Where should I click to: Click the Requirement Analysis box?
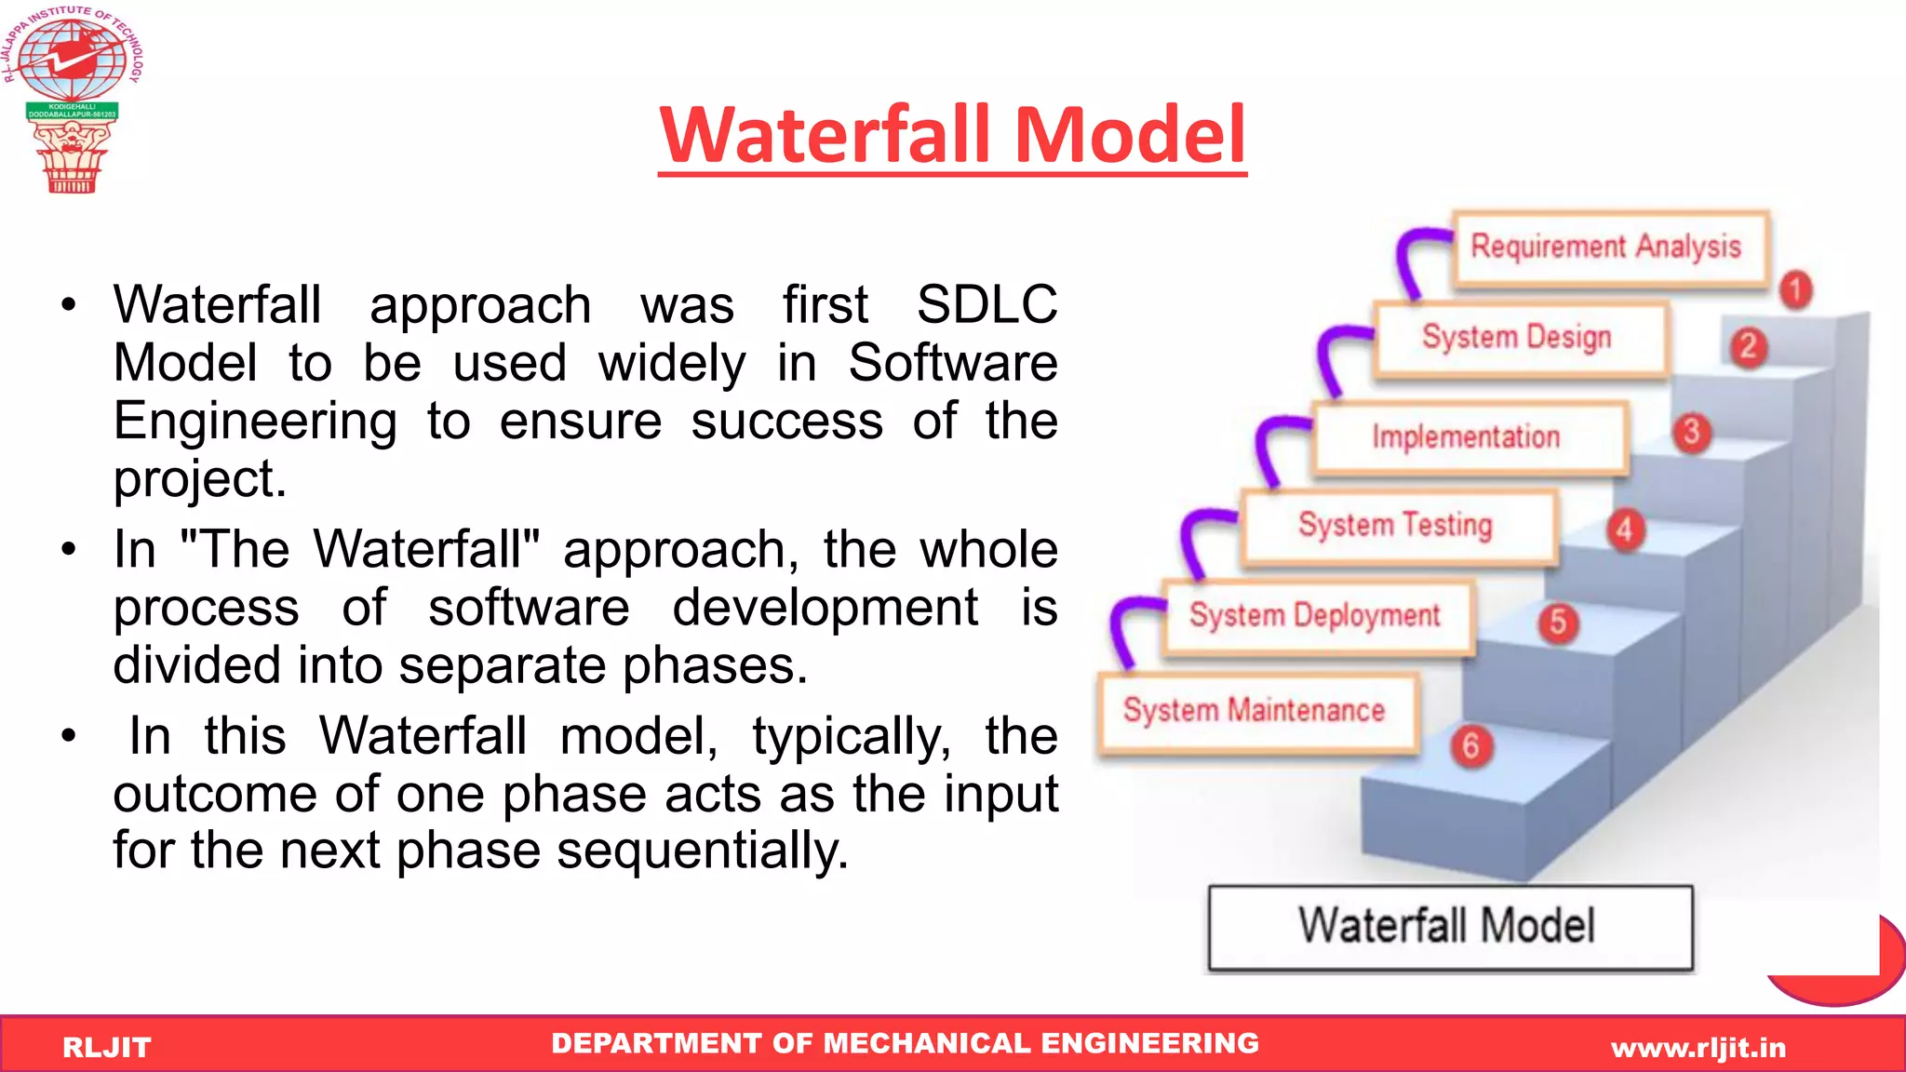click(1610, 248)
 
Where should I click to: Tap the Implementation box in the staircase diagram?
click(1469, 437)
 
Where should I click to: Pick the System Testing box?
click(1398, 527)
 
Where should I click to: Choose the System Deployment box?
click(1317, 617)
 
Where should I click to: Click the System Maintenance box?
click(1256, 712)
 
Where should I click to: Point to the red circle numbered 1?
click(1796, 290)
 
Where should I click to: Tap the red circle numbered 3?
click(1692, 433)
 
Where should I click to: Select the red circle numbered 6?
click(1471, 746)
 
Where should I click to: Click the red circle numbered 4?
click(1625, 530)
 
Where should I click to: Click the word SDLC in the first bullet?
click(987, 305)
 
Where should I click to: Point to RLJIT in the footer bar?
click(106, 1048)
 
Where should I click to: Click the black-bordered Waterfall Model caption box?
click(1449, 927)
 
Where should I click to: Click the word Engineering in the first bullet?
click(255, 422)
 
